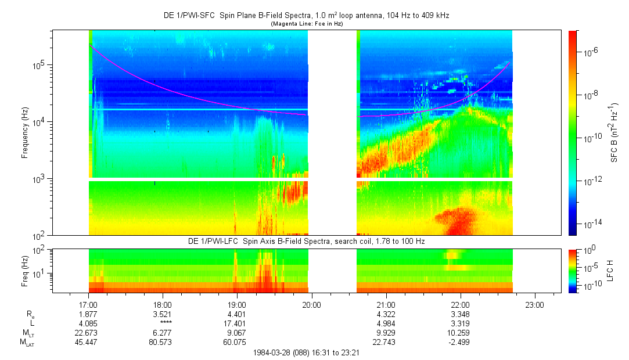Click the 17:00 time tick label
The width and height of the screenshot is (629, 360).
(88, 304)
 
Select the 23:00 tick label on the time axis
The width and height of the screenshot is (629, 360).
(535, 304)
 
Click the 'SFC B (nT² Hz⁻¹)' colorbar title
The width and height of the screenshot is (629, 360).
(614, 132)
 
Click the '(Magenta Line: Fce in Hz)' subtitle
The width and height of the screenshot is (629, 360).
(307, 24)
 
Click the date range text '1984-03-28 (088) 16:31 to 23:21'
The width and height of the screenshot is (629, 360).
(307, 352)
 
